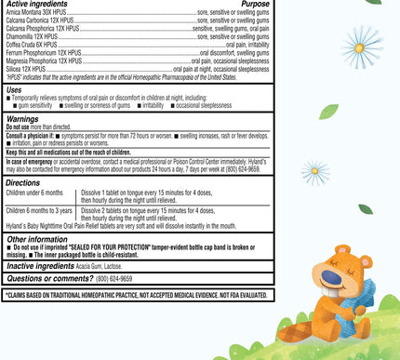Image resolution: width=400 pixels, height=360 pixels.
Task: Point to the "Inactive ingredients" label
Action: coord(36,266)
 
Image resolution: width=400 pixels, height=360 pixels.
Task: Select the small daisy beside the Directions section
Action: coord(314,171)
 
